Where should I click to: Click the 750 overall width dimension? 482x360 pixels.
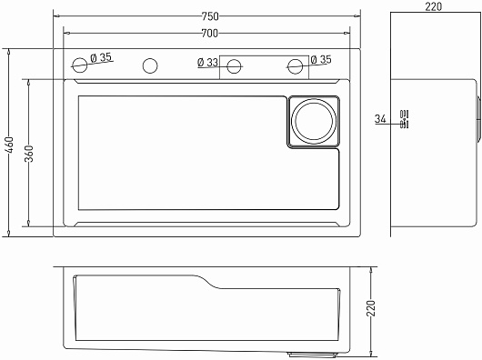(x=210, y=16)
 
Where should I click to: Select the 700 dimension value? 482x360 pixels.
(x=210, y=33)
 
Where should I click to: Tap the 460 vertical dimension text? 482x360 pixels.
(x=10, y=145)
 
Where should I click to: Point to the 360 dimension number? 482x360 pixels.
(x=29, y=154)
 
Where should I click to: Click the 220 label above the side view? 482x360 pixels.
(x=434, y=6)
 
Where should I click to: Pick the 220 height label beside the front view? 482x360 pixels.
(x=371, y=308)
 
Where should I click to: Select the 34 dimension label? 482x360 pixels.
(x=380, y=118)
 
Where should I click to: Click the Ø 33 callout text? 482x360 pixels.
(x=207, y=63)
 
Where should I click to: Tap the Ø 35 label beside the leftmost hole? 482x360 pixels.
(x=101, y=57)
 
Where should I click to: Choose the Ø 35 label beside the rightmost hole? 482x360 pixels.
(x=321, y=59)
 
